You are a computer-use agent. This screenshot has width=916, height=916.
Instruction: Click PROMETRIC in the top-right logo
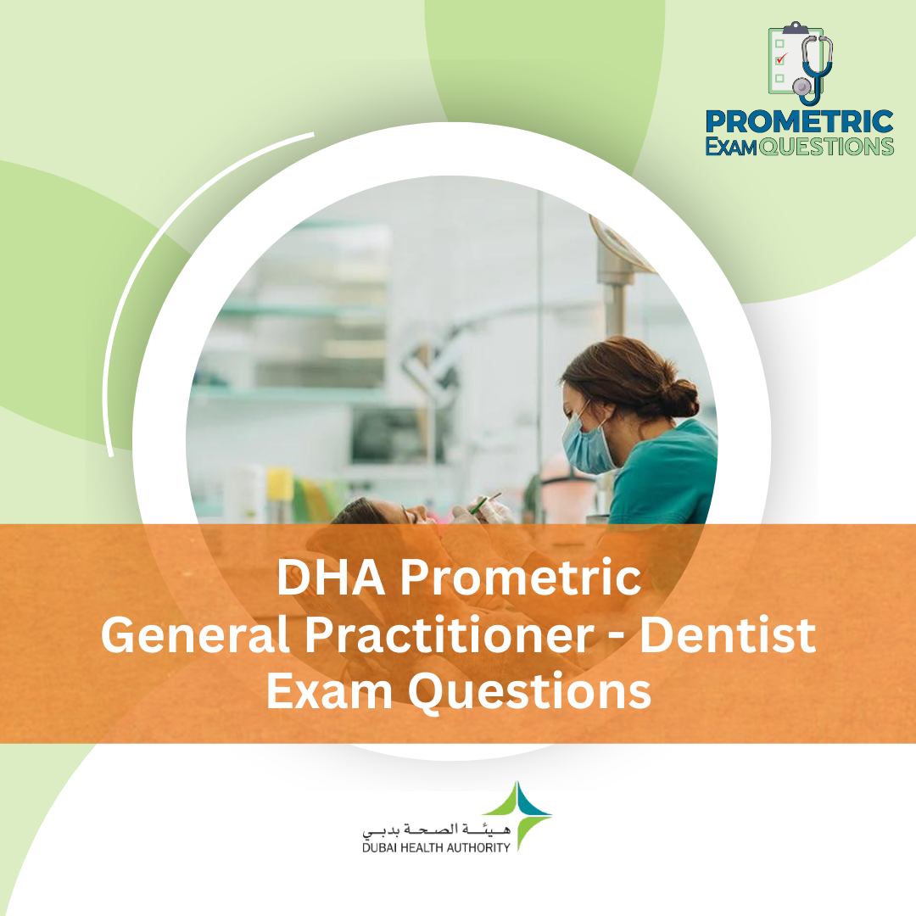(800, 122)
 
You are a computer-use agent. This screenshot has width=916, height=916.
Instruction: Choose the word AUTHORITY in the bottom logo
(481, 846)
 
